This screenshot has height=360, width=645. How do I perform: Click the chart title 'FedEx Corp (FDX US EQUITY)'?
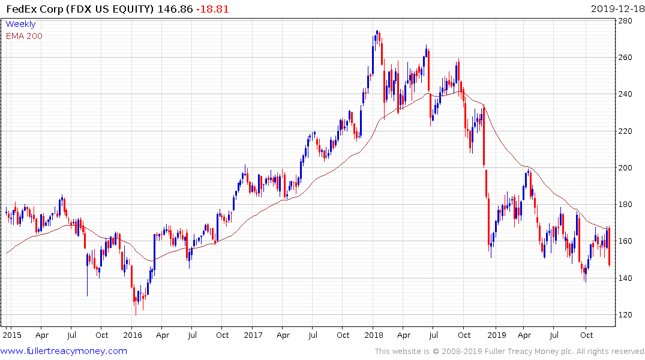tap(79, 9)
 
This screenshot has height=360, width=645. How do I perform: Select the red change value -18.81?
tap(212, 9)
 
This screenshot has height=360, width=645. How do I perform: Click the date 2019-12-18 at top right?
tap(616, 9)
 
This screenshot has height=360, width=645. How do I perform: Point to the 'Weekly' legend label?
tap(20, 24)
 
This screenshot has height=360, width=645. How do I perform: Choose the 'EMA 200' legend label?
tap(24, 35)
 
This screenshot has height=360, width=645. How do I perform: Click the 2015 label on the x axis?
tap(11, 335)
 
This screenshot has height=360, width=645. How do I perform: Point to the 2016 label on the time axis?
tap(133, 335)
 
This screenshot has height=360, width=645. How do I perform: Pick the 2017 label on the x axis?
tap(253, 335)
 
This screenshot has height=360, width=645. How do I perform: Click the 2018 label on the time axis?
tap(374, 335)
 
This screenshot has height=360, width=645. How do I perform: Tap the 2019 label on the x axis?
tap(496, 335)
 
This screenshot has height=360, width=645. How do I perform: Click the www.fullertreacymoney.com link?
tap(64, 351)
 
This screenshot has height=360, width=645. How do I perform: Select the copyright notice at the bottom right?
tap(509, 352)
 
